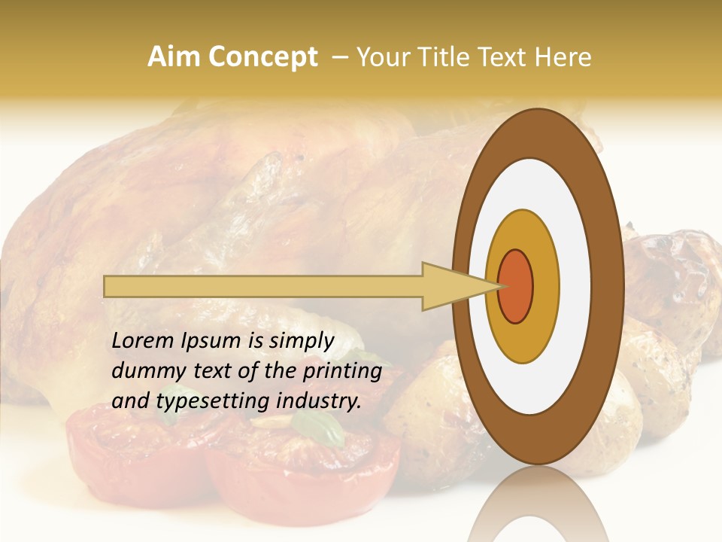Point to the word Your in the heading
[x=384, y=57]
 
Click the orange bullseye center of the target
[x=516, y=286]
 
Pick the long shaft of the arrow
[x=263, y=286]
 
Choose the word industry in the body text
[x=316, y=401]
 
